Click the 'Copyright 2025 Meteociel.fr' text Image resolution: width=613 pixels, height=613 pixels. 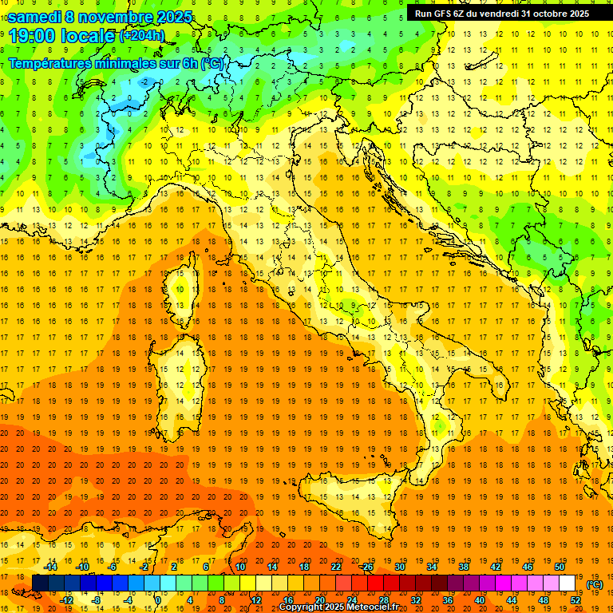click(x=338, y=607)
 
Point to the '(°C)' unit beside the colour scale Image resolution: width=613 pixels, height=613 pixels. click(x=595, y=584)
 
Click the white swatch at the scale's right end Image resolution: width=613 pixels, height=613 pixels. click(x=568, y=583)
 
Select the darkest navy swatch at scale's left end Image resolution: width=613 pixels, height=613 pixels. click(x=40, y=583)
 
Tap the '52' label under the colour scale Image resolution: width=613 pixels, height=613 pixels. click(x=575, y=599)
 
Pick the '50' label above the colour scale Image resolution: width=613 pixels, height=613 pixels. click(x=560, y=567)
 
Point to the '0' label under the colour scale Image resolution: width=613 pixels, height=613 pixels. click(x=157, y=599)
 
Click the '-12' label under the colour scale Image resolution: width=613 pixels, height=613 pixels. click(x=66, y=599)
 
